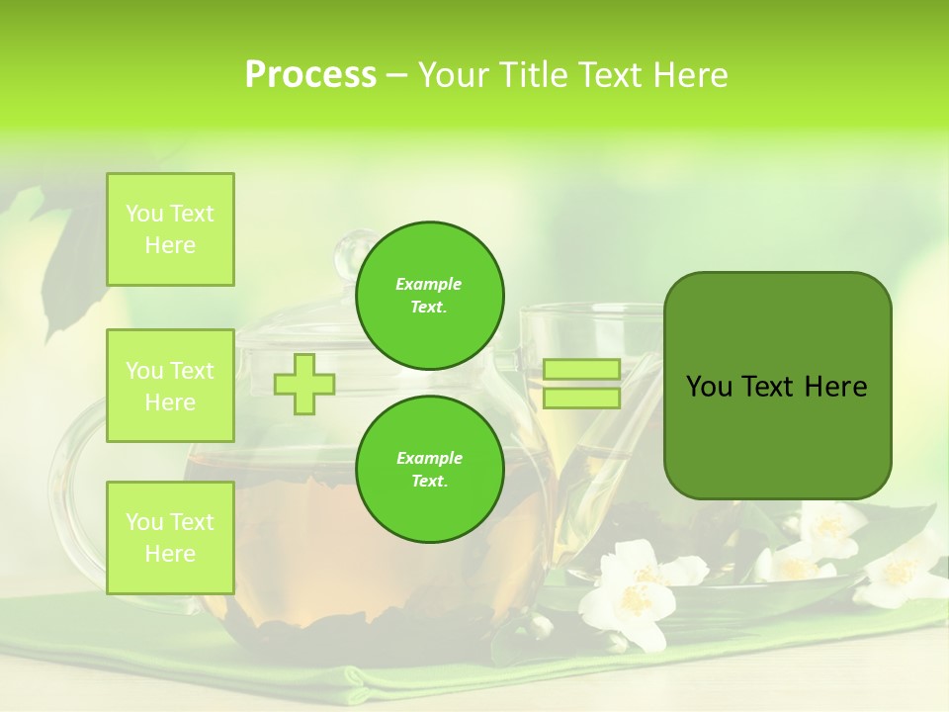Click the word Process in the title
(310, 75)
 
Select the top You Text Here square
(170, 229)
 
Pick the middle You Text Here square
(170, 386)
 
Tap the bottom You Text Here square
(170, 537)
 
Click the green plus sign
(304, 384)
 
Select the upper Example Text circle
(430, 296)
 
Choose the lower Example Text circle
(430, 470)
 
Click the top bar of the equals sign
(581, 370)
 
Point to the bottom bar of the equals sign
(581, 399)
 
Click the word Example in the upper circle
(428, 284)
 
